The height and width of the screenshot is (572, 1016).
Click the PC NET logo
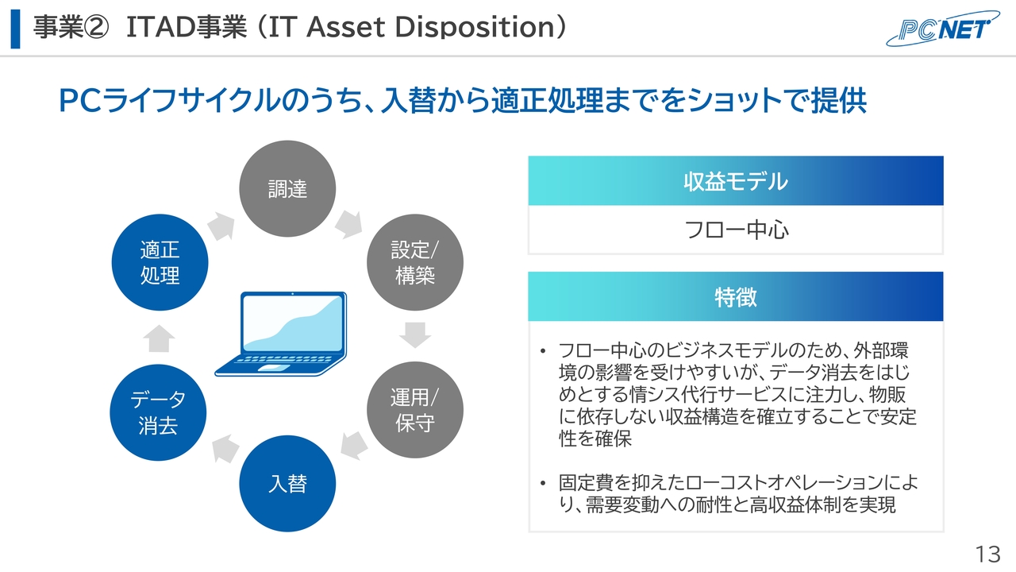(x=942, y=28)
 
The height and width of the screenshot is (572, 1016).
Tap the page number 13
(x=988, y=555)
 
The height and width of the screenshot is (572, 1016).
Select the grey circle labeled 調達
(x=287, y=188)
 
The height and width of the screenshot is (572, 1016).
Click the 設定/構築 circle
(x=415, y=262)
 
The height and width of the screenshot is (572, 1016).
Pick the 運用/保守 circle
(x=415, y=409)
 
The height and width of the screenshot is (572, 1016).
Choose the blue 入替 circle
(x=287, y=484)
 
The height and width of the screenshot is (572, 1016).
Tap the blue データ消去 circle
(x=158, y=412)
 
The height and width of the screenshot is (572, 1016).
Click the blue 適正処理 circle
(x=160, y=262)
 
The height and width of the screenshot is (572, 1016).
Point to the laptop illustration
(x=281, y=334)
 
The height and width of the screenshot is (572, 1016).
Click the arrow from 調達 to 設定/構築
(x=348, y=224)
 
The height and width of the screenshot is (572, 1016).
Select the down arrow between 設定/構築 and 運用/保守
(x=415, y=335)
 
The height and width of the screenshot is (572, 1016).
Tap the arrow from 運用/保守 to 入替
(x=354, y=446)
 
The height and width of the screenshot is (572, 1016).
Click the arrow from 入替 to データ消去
(x=225, y=449)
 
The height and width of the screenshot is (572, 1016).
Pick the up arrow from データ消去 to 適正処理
(x=160, y=338)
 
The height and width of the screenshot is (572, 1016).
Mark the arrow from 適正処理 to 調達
(x=221, y=226)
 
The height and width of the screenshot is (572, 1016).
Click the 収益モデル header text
(x=736, y=181)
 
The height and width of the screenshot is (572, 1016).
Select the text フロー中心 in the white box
(x=736, y=230)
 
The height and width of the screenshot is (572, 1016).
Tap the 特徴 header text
(x=736, y=297)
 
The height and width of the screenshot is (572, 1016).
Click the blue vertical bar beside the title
(x=15, y=29)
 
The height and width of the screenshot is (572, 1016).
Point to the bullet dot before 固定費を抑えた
(x=543, y=483)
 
